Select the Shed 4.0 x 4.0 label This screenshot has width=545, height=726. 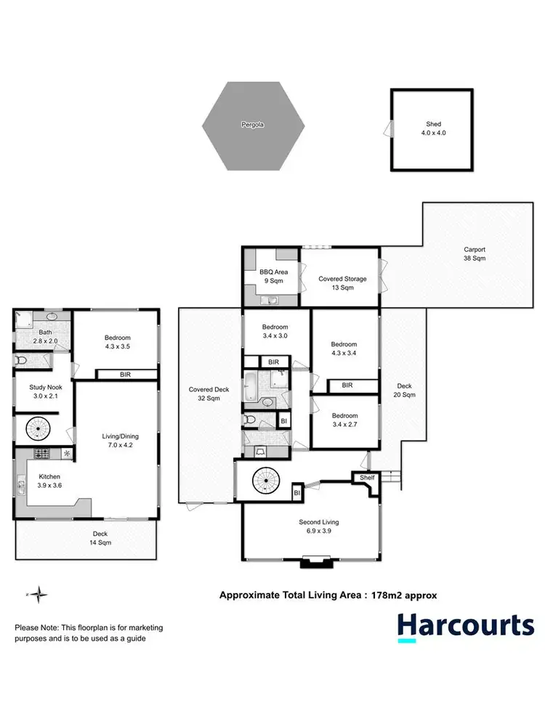point(433,129)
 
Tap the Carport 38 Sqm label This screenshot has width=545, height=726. point(475,254)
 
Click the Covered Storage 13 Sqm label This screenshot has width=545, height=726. point(342,283)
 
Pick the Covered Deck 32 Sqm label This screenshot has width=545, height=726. point(209,393)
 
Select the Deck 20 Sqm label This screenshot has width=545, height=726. point(405,391)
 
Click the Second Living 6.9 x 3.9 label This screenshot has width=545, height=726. point(319,526)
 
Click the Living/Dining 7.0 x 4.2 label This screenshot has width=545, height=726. point(120,441)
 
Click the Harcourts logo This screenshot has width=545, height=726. point(465,625)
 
